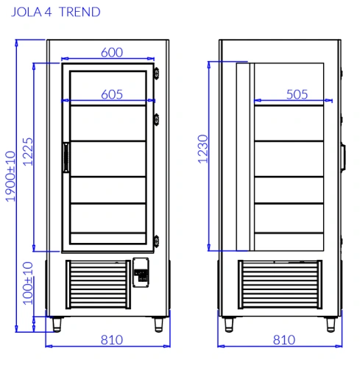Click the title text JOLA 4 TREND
click(x=56, y=12)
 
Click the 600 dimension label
click(x=112, y=52)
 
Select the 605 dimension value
click(x=112, y=94)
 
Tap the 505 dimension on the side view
click(x=297, y=94)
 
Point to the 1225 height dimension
click(x=28, y=152)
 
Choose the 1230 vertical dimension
click(x=203, y=149)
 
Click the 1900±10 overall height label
click(x=10, y=177)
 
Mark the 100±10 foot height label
click(x=28, y=283)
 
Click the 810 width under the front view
click(x=112, y=340)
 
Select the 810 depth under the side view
click(x=284, y=340)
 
